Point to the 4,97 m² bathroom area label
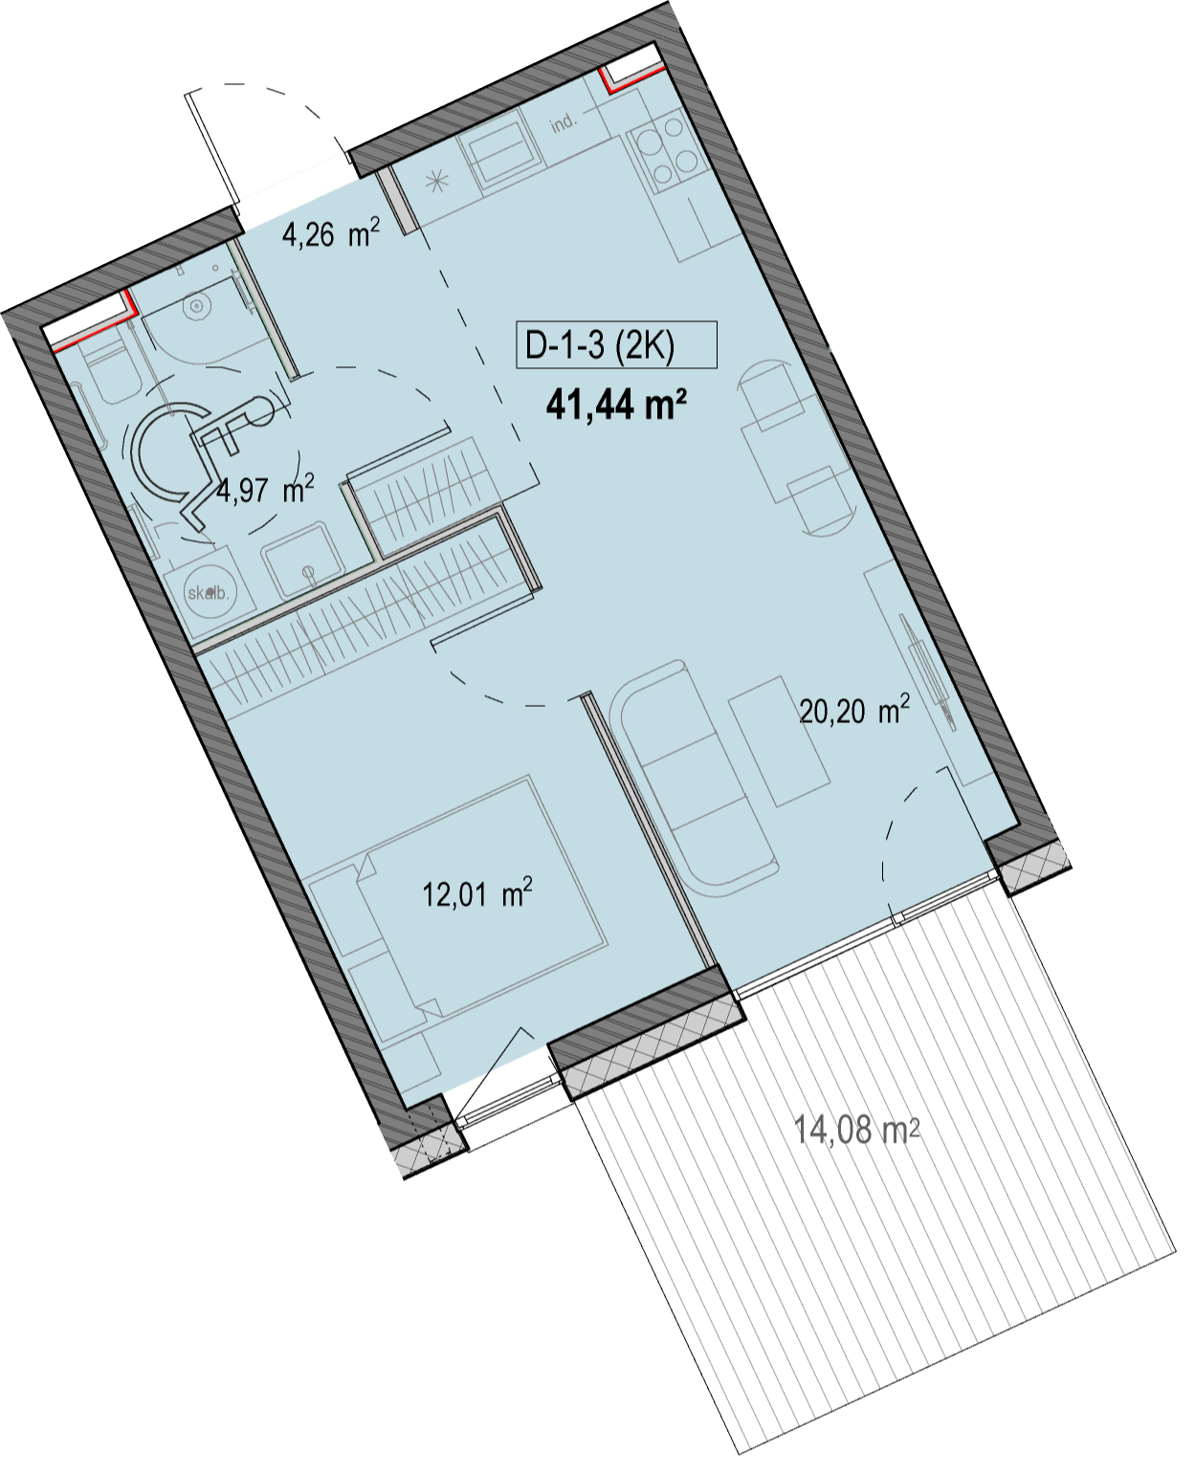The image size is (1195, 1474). (x=265, y=492)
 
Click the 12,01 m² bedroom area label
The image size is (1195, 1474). (x=477, y=894)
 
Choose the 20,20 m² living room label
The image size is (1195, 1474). (x=853, y=710)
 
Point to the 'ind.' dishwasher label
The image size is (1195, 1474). (x=564, y=123)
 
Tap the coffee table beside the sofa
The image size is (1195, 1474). (x=779, y=741)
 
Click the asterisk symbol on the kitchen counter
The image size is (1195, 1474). (x=437, y=183)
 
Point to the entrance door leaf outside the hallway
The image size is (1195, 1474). (x=212, y=151)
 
